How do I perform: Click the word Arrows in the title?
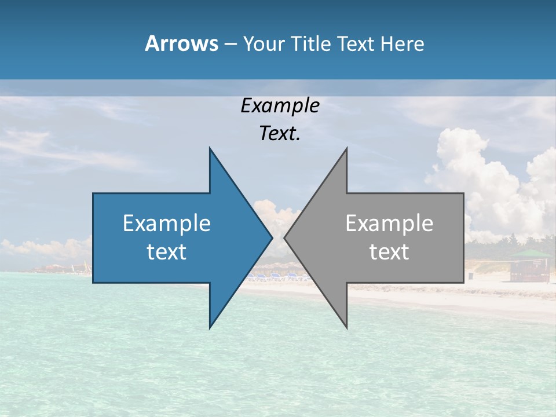(x=181, y=43)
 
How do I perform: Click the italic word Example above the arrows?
(x=280, y=106)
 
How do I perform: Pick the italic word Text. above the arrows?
(x=280, y=134)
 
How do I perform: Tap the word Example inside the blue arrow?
(x=166, y=224)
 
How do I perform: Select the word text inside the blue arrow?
(x=166, y=252)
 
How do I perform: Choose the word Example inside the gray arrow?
(x=389, y=224)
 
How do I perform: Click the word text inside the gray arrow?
(x=389, y=252)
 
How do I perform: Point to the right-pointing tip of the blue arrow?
(x=272, y=237)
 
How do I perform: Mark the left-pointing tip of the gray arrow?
(x=284, y=237)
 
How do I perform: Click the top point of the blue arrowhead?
(x=210, y=148)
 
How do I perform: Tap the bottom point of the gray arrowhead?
(x=346, y=328)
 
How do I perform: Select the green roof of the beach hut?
(x=531, y=254)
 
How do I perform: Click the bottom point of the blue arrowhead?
(x=210, y=328)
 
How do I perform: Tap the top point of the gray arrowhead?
(x=346, y=148)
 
